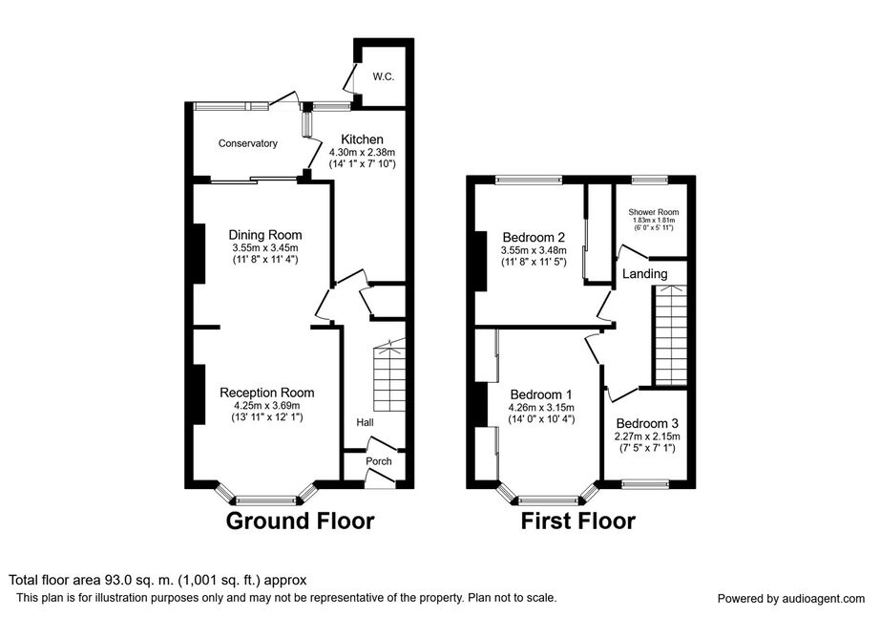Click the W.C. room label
pos(384,75)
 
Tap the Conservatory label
pos(247,144)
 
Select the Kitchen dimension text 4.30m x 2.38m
pos(362,152)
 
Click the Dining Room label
pos(264,235)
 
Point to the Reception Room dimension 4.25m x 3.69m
pos(266,405)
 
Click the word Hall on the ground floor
pos(365,422)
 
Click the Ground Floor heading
pos(299,521)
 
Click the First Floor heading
pos(577,521)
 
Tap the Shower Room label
pos(654,212)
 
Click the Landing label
pos(644,274)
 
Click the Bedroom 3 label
pos(648,424)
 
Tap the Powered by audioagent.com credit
pos(791,598)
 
